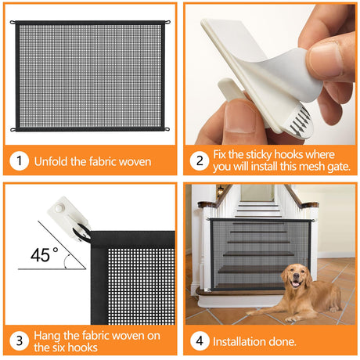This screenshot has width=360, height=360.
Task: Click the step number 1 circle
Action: (x=19, y=161)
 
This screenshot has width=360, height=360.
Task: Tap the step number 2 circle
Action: (x=200, y=161)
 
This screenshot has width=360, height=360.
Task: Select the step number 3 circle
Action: (x=19, y=341)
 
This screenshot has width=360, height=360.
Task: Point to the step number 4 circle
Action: (x=200, y=341)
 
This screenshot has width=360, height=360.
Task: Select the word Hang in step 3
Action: (x=47, y=336)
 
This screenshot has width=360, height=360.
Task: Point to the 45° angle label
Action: (x=45, y=255)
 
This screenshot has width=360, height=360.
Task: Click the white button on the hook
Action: (x=59, y=208)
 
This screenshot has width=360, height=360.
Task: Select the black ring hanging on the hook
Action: (x=81, y=232)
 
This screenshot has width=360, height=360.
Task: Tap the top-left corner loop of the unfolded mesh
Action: (x=13, y=22)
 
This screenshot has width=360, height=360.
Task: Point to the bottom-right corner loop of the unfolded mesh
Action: (x=167, y=129)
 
